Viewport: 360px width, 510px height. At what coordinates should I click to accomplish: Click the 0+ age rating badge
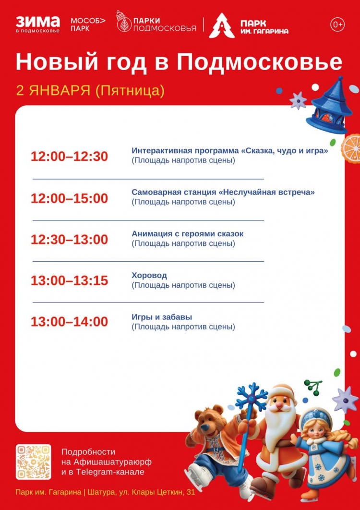point(337,24)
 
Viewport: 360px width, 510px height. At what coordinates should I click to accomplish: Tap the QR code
point(34,462)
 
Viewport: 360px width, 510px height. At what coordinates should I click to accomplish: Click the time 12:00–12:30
point(69,157)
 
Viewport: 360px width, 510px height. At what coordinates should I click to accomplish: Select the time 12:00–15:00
point(69,198)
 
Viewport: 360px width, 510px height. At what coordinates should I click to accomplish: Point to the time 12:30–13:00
point(69,239)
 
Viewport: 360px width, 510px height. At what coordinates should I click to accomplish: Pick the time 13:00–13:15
point(69,281)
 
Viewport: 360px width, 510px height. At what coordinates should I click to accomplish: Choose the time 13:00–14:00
point(69,322)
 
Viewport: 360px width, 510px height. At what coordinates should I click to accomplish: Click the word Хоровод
point(149,276)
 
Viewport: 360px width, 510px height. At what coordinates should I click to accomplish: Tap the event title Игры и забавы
point(162,317)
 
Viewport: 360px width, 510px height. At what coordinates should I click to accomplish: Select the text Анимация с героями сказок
point(188,234)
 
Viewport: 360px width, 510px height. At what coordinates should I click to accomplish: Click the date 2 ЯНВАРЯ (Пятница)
point(90,91)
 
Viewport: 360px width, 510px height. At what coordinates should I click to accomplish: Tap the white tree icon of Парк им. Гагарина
point(222,26)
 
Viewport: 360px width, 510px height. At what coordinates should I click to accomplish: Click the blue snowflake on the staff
point(252,397)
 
